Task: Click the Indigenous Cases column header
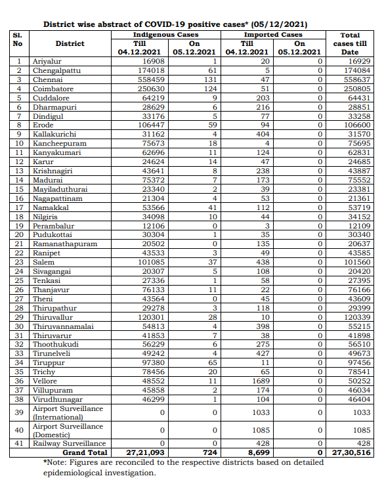(x=167, y=34)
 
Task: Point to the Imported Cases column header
(x=273, y=34)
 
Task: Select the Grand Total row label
(x=85, y=452)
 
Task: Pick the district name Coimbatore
(x=53, y=88)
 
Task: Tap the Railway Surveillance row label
(x=69, y=444)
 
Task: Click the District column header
(x=70, y=43)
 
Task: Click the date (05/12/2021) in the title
(x=280, y=24)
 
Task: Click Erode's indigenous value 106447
(x=146, y=125)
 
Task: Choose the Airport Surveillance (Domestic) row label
(x=68, y=431)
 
